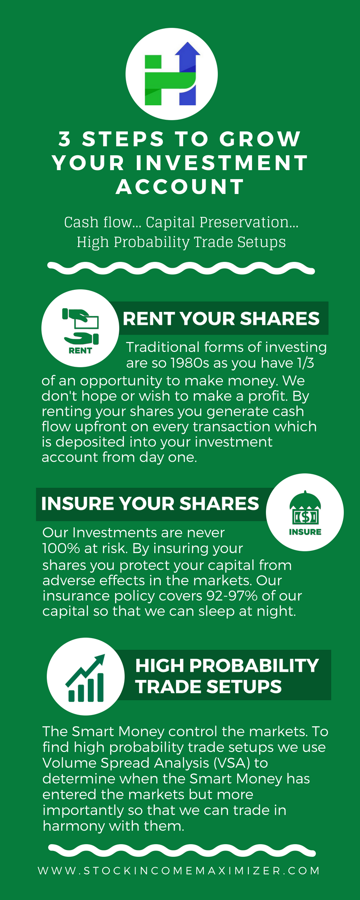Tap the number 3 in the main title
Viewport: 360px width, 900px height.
tap(65, 139)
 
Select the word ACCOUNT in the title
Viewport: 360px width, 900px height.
tap(180, 187)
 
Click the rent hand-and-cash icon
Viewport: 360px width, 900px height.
tap(81, 327)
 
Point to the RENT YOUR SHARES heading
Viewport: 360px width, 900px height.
tap(221, 319)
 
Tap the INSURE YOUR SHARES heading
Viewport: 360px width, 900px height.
tap(150, 504)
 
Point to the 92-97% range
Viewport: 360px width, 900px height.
tap(232, 596)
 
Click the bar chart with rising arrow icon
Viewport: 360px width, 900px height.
tap(85, 678)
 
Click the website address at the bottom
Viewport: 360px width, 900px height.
tap(179, 870)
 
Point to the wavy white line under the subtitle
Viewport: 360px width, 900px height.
tap(181, 268)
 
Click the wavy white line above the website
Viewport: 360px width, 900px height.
tap(182, 851)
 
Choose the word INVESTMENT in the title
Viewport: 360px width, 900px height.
tap(222, 163)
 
